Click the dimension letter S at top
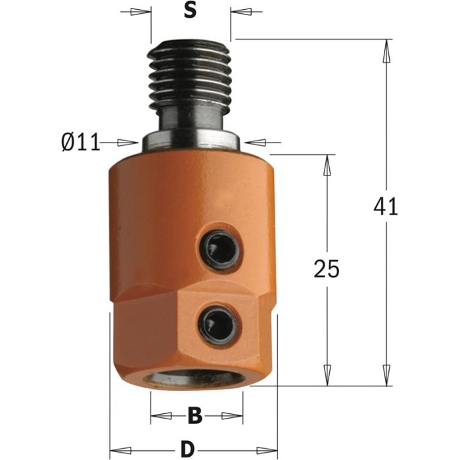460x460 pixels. coord(190,12)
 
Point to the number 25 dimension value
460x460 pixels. coord(325,269)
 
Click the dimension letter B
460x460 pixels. coord(194,415)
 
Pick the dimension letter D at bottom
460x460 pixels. coord(187,449)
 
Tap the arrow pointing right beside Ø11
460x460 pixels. coord(127,142)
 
